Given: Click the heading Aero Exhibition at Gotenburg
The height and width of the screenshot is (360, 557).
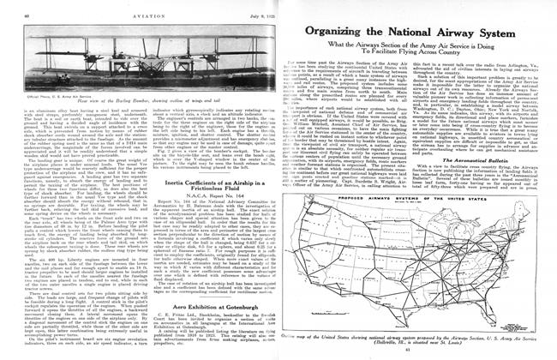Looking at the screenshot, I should point(129,304).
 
